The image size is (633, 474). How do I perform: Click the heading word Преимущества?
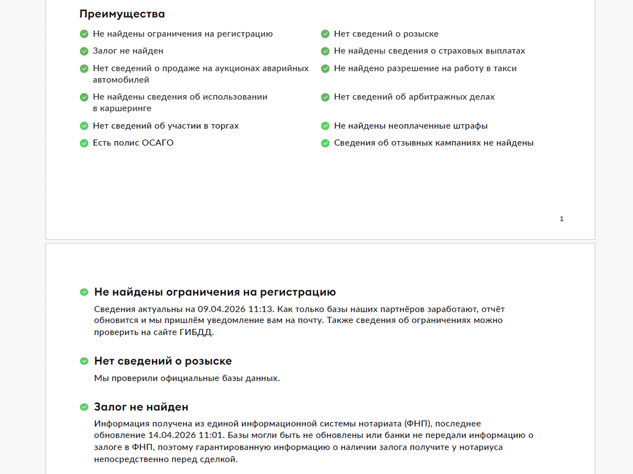point(122,14)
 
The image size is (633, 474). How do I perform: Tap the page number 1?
point(561,219)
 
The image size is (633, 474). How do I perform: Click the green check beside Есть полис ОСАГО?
point(84,143)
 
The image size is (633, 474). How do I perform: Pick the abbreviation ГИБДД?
point(196,332)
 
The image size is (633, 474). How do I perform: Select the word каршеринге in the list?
point(126,108)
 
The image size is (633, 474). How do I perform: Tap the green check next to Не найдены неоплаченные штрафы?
point(325,126)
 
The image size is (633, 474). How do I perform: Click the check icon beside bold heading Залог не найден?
point(84,407)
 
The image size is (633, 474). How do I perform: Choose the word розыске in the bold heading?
point(208,361)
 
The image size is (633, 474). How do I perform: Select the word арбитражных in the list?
point(440,97)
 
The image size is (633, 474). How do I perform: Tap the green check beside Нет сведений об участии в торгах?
point(84,126)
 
